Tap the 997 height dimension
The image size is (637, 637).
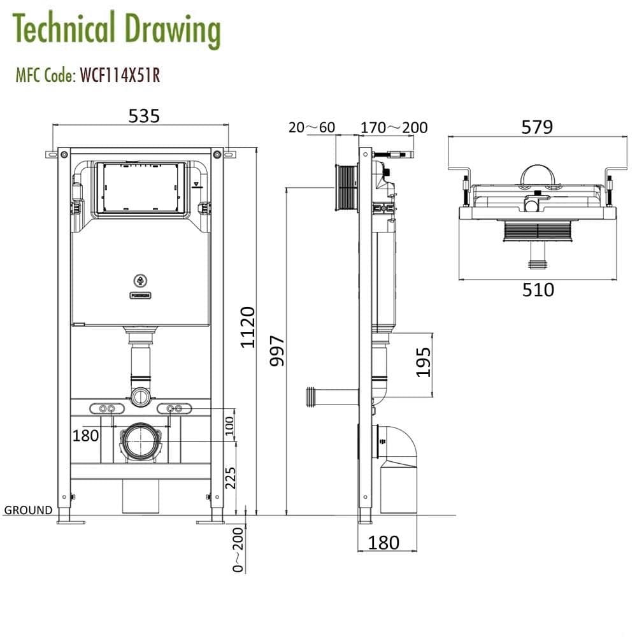click(x=278, y=351)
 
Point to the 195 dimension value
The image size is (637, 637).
click(x=424, y=362)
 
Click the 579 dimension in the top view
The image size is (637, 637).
click(x=537, y=127)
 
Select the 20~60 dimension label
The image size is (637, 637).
click(x=311, y=127)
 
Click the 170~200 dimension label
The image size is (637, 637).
click(x=394, y=127)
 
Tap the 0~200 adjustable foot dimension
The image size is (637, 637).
click(x=238, y=550)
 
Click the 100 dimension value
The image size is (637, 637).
click(x=230, y=424)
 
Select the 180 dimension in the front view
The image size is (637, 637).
click(x=85, y=436)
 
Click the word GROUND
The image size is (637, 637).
click(x=28, y=510)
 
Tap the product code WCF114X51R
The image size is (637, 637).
click(x=119, y=76)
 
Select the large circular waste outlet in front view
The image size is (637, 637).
click(x=141, y=441)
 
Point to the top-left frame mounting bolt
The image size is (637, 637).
click(x=64, y=154)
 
